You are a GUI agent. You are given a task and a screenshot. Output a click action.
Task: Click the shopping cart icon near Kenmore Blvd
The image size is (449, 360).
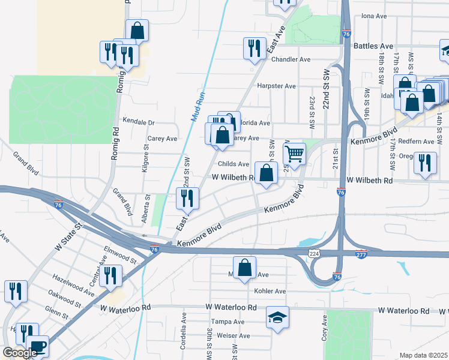click(x=294, y=154)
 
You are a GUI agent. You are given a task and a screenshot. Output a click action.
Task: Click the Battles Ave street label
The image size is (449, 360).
click(x=373, y=46)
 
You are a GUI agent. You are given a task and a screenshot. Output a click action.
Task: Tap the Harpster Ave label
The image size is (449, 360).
click(x=276, y=86)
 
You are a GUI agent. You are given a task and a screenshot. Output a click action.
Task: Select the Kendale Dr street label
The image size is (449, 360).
click(x=139, y=122)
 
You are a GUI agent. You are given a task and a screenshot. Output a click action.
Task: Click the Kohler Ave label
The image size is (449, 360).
click(x=270, y=291)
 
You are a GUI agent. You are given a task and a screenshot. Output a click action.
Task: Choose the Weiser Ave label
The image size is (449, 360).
click(x=229, y=335)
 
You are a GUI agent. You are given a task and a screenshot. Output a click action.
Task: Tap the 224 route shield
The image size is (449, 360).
click(x=314, y=254)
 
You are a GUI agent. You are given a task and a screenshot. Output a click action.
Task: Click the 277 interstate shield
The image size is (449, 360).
click(x=361, y=254)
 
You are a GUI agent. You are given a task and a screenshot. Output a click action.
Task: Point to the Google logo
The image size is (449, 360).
click(x=20, y=353)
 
